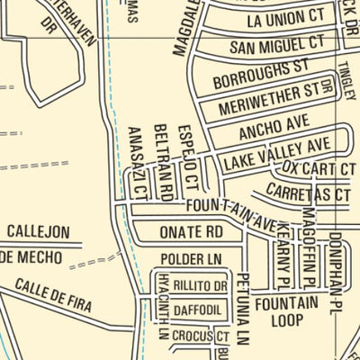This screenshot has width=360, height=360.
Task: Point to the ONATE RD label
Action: [x=191, y=231]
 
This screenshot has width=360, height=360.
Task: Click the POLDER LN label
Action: [x=191, y=259]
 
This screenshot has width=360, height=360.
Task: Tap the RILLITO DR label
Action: [x=200, y=285]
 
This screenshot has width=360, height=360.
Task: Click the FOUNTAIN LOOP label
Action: [x=284, y=310]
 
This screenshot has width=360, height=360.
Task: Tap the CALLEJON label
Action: [x=38, y=231]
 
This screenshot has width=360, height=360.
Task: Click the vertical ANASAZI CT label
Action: [x=138, y=162]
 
